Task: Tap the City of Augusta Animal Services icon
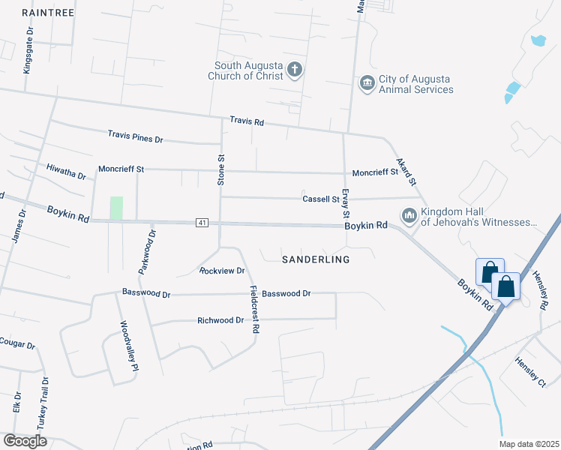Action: (367, 82)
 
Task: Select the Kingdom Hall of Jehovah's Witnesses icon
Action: (409, 216)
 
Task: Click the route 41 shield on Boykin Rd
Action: (202, 223)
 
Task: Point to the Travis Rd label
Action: (247, 121)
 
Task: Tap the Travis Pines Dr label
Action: (135, 138)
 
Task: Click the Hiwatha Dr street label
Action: (66, 172)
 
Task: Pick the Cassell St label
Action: (321, 199)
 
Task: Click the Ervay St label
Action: (345, 203)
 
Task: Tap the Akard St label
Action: (406, 172)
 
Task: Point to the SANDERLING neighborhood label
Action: (316, 259)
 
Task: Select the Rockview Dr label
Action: (222, 270)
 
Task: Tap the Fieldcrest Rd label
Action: (255, 309)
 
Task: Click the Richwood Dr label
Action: (220, 320)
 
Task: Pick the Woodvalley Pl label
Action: (129, 346)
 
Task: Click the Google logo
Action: (25, 440)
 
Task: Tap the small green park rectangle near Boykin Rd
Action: (116, 208)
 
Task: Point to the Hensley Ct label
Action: (529, 372)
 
